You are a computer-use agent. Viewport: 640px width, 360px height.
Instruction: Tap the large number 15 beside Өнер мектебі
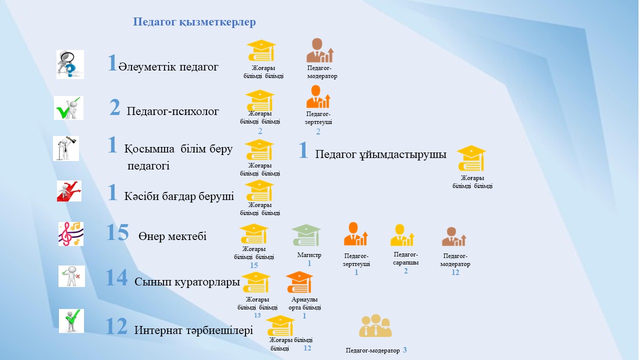(x=117, y=232)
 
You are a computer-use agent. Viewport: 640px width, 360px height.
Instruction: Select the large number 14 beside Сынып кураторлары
(x=116, y=277)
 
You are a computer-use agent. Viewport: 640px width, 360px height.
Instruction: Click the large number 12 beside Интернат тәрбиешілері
(x=116, y=326)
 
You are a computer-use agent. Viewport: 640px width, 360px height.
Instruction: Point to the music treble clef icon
(x=71, y=234)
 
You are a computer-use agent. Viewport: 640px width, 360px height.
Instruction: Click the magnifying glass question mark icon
(x=70, y=64)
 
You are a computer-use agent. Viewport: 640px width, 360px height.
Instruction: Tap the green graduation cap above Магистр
(x=306, y=235)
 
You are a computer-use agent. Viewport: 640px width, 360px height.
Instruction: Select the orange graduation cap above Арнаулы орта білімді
(x=299, y=282)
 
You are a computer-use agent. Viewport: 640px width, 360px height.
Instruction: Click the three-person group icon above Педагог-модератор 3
(x=375, y=325)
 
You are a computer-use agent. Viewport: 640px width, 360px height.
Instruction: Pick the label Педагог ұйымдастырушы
(x=380, y=154)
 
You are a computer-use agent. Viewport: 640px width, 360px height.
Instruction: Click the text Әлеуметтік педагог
(x=168, y=67)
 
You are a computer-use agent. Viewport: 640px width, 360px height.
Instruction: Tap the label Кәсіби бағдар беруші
(x=179, y=196)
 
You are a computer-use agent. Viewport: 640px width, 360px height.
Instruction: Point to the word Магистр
(x=309, y=255)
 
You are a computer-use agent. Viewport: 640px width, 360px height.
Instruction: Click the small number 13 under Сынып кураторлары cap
(x=257, y=315)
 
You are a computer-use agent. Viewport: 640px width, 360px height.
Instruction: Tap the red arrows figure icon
(x=69, y=191)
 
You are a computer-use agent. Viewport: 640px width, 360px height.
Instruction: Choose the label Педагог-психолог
(x=172, y=111)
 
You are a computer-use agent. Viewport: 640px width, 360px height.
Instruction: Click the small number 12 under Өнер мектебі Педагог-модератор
(x=455, y=272)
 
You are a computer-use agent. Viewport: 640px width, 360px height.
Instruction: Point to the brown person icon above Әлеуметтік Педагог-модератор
(x=319, y=50)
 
